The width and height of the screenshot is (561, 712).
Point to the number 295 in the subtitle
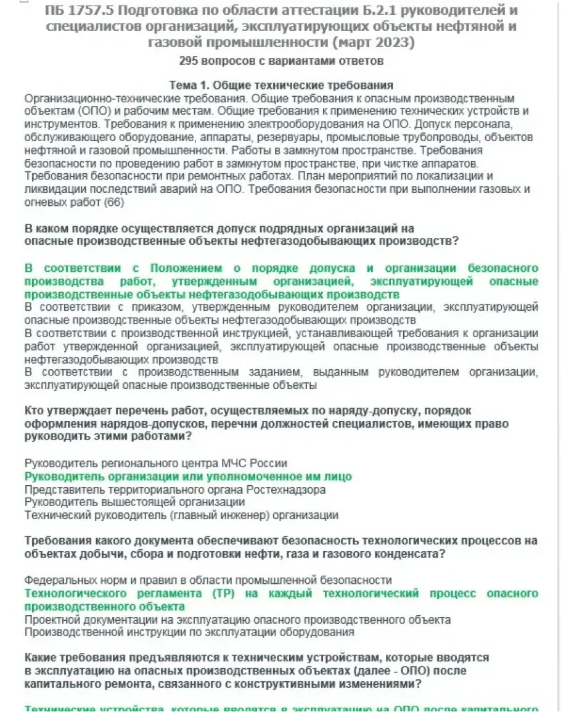(190, 61)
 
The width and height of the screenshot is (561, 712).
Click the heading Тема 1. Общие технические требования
(281, 85)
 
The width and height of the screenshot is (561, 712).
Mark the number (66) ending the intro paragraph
(114, 202)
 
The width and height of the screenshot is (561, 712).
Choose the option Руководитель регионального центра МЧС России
(156, 463)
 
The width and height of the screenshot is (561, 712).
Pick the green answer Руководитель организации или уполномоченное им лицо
(188, 477)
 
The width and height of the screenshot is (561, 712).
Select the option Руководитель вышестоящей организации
(134, 502)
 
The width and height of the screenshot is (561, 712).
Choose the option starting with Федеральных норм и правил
(208, 580)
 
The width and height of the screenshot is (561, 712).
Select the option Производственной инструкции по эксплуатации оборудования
(189, 632)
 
